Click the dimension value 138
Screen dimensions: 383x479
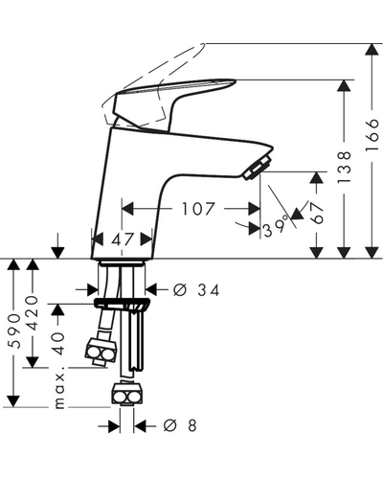345,167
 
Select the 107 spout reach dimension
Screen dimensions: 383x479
197,209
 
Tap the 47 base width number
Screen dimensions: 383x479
122,239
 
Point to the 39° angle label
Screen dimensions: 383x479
275,227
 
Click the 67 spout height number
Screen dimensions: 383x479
317,213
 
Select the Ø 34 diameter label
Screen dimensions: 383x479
196,290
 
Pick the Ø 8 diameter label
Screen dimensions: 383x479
180,426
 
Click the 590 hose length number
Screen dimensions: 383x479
14,331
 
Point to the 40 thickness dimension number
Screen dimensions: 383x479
59,344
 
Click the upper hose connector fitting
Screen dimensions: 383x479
101,352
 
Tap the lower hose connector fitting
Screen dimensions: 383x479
126,394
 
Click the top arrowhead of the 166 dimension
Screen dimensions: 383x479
372,49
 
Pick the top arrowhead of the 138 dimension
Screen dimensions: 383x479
344,85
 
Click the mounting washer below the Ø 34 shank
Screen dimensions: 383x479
121,302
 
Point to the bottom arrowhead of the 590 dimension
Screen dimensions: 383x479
13,401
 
